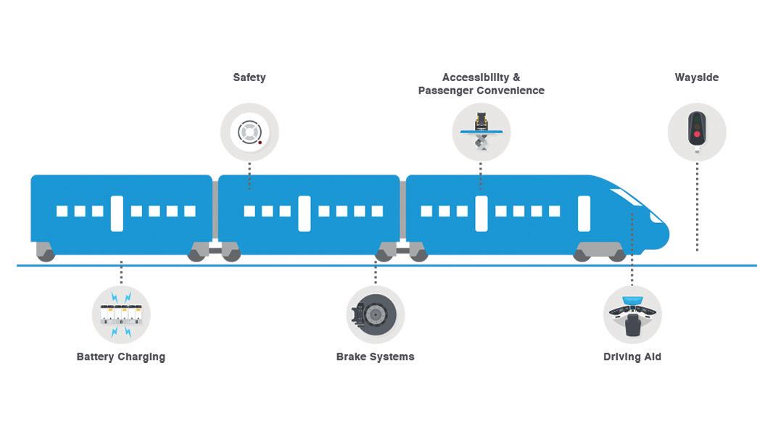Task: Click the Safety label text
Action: [x=249, y=78]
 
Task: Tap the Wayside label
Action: [x=696, y=78]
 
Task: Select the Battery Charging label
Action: [x=121, y=357]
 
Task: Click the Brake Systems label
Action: [x=375, y=357]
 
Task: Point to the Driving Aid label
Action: [x=632, y=357]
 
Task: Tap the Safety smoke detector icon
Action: [x=249, y=132]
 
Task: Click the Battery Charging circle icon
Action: [x=121, y=314]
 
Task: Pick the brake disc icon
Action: [x=375, y=314]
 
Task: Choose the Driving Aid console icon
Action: [x=632, y=314]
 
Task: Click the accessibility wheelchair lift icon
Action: [x=481, y=132]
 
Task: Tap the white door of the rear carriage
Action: [x=117, y=213]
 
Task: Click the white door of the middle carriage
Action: [x=305, y=213]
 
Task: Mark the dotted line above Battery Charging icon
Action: [x=121, y=272]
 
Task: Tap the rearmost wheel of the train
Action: [x=46, y=254]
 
